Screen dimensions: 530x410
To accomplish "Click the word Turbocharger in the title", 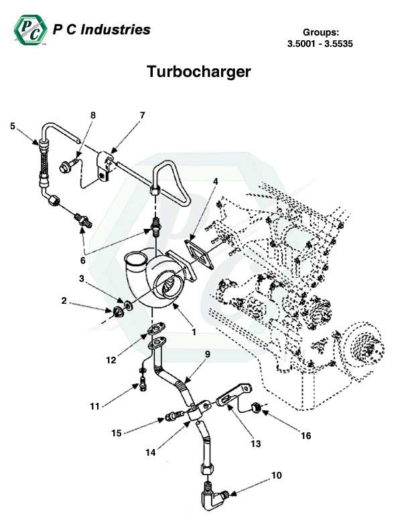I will (x=198, y=72).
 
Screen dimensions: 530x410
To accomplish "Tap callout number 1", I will (x=193, y=331).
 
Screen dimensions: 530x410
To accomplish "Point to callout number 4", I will (x=216, y=181).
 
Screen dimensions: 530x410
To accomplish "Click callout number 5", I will (x=12, y=125).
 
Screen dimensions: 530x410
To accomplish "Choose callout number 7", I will (x=142, y=115).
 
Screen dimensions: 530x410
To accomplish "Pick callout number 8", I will (x=93, y=115).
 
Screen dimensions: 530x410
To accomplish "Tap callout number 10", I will (x=276, y=476).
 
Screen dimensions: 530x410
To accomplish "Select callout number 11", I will (x=94, y=406).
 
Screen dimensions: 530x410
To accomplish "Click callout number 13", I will (x=255, y=443).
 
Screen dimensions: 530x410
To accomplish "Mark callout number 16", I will (x=306, y=436).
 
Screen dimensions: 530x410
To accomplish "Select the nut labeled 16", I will (x=255, y=407).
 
